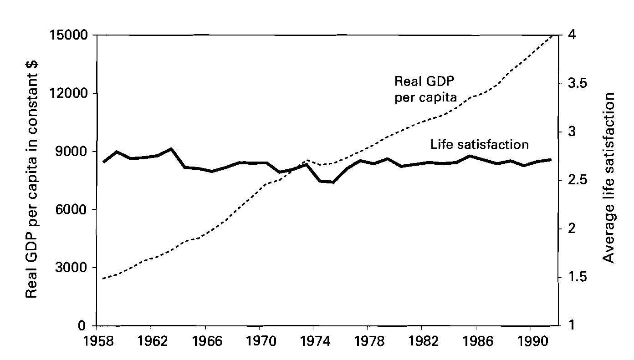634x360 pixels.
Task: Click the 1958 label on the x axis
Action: tap(97, 342)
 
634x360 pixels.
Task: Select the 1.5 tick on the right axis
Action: tap(572, 277)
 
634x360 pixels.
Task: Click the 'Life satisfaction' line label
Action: tap(479, 145)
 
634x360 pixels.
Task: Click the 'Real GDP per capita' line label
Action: tap(425, 89)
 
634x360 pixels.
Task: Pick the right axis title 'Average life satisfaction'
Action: tap(608, 177)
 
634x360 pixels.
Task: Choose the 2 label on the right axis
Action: tap(567, 229)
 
